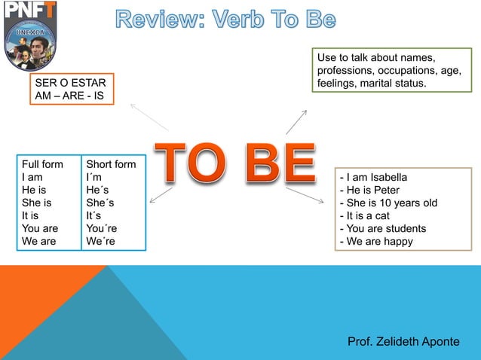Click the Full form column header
point(42,164)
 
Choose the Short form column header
point(112,164)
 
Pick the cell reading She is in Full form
point(37,203)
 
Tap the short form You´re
point(102,228)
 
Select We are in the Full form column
point(38,241)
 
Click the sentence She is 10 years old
point(389,203)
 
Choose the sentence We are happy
point(377,241)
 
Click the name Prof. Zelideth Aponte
point(403,341)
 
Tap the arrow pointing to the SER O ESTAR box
point(148,116)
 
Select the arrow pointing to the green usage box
point(296,122)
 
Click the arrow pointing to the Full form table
point(161,194)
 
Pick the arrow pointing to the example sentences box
point(305,194)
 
